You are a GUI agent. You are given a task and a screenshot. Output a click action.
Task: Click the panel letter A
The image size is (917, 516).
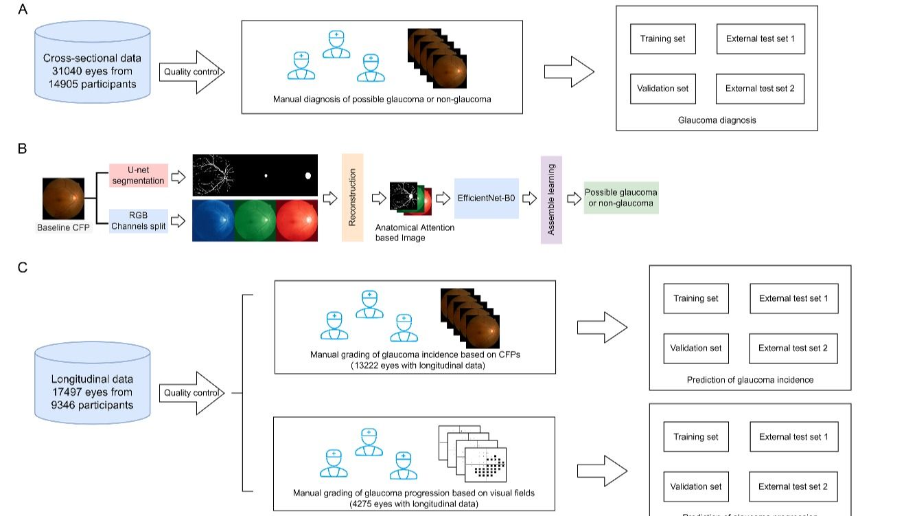(23, 10)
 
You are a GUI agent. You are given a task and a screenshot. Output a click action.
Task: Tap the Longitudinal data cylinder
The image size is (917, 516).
(92, 392)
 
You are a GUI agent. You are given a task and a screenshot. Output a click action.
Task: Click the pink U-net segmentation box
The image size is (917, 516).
(139, 175)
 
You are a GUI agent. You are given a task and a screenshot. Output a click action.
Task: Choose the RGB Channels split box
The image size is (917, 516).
(139, 221)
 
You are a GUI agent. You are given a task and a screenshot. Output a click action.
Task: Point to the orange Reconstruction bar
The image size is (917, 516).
(352, 198)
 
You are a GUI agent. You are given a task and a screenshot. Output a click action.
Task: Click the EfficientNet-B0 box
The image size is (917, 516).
(486, 198)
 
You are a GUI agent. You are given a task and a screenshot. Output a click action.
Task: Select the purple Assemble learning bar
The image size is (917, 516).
(551, 199)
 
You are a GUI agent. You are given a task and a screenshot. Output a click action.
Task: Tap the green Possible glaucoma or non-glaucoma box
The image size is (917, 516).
(621, 197)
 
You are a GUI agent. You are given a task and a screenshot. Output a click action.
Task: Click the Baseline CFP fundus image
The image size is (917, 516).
(64, 199)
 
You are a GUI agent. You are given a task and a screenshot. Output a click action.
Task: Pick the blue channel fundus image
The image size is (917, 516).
(213, 220)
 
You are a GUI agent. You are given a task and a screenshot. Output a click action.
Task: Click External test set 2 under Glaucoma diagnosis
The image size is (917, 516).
(760, 89)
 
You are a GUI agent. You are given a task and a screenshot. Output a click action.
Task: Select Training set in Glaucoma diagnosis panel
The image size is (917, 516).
(662, 39)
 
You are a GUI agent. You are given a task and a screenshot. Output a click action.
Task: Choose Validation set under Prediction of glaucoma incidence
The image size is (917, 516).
(696, 348)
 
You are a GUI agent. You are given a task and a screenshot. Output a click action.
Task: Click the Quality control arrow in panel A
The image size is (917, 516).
(191, 71)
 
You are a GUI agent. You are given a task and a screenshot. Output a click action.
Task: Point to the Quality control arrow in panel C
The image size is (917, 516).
(191, 393)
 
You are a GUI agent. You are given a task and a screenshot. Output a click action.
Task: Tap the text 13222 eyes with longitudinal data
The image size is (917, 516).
(415, 366)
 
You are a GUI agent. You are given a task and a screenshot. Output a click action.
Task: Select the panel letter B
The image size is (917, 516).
(23, 147)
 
